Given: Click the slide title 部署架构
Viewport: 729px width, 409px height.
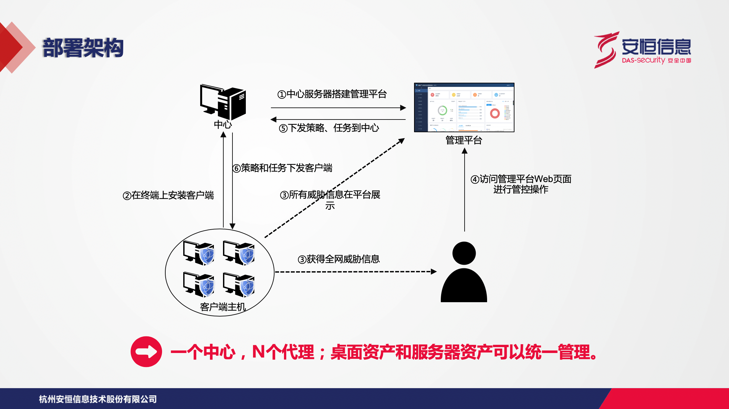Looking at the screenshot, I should coord(83,48).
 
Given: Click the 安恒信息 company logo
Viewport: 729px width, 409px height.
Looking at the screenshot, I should coord(642,49).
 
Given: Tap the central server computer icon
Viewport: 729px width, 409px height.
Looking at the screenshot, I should coord(223,102).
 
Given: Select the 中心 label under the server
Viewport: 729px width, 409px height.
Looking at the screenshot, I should coord(223,124).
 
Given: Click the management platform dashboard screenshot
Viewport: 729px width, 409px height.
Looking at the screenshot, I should coord(464,107).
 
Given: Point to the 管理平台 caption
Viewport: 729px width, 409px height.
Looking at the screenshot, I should coord(464,140).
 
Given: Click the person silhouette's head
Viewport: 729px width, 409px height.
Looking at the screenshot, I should coord(464,253).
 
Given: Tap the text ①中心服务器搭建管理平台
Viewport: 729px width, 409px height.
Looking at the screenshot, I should coord(332,94).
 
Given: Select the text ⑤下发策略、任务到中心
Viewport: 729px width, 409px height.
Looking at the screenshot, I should coord(329,128).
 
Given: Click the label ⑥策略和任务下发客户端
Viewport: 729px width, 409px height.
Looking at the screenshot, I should coord(282,168).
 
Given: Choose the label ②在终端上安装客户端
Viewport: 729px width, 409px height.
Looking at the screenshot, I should coord(168,195).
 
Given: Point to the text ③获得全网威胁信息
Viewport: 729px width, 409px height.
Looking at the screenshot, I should coord(338,259).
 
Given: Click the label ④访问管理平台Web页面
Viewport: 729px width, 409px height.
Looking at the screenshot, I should coord(521,179).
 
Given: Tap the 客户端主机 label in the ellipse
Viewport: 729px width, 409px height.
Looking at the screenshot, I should coord(223,307).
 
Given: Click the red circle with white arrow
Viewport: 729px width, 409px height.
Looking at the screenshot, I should coord(146,352).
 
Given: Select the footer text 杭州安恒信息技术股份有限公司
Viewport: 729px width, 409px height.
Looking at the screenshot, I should coord(98,399).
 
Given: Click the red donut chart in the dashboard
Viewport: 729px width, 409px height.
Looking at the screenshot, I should coord(495,113).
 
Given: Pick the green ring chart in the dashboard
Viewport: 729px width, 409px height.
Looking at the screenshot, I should coord(442,110).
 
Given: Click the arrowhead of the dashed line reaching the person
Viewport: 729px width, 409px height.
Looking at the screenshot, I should coord(434,272).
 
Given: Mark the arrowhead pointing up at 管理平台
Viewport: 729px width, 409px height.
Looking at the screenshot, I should coord(465,151).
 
